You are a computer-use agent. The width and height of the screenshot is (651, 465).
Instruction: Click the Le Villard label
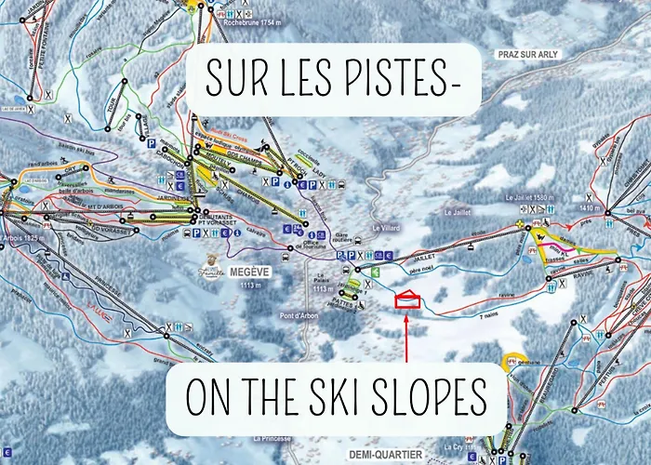[384, 227]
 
